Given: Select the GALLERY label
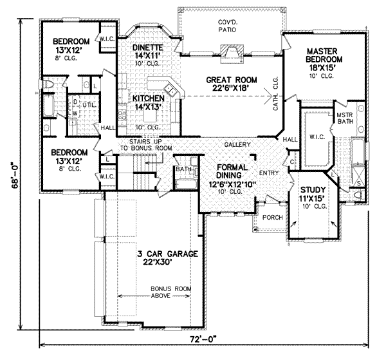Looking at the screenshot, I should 238,145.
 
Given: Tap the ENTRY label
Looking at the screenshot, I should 268,173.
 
